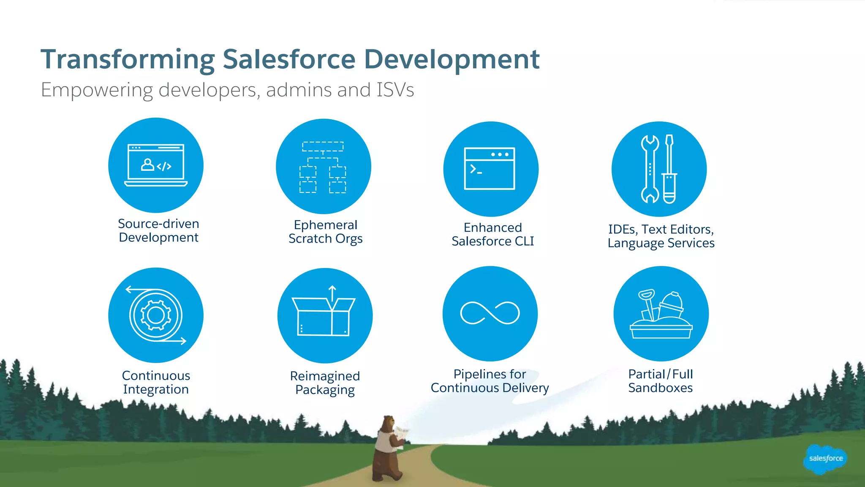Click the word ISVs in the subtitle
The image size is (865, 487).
coord(395,90)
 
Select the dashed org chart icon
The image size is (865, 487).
coord(323,167)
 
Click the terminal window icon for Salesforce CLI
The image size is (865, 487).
coord(490,168)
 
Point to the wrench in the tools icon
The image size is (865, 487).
coord(650,169)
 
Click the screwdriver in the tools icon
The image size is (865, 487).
coord(669,169)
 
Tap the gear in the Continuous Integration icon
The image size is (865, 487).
coord(156,315)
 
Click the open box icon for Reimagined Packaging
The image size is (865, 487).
coord(324,315)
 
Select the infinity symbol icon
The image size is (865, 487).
coord(490,313)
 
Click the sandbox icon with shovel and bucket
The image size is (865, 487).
coord(661,315)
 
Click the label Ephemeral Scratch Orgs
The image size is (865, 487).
coord(325,232)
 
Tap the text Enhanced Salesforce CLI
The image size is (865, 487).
coord(492,234)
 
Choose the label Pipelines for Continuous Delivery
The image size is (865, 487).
coord(490,381)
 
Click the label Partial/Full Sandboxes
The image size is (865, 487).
coord(661,381)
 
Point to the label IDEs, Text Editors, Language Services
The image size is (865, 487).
coord(661,236)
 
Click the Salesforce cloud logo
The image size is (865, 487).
coord(825,459)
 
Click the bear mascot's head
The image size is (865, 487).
coord(388,423)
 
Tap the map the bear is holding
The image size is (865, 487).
coord(401,433)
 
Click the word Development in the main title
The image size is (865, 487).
coord(452,60)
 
